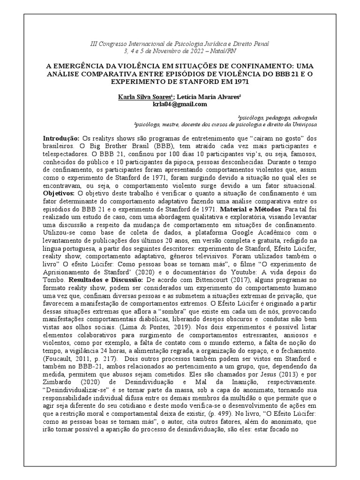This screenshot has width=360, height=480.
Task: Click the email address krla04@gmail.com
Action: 180,104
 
